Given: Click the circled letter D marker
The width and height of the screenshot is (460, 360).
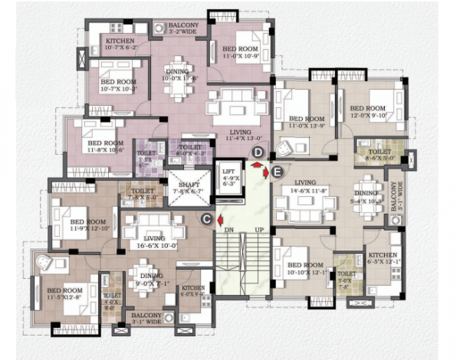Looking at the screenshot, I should (x=258, y=152).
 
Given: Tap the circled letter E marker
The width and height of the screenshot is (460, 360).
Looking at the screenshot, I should (x=278, y=170).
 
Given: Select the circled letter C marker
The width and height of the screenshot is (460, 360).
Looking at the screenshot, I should (x=206, y=219).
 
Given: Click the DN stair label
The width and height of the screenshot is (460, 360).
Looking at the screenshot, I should (x=228, y=230).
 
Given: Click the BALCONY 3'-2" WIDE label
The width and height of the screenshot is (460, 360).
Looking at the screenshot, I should (x=186, y=29).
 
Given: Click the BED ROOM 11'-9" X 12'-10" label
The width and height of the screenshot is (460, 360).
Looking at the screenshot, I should (x=78, y=226).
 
